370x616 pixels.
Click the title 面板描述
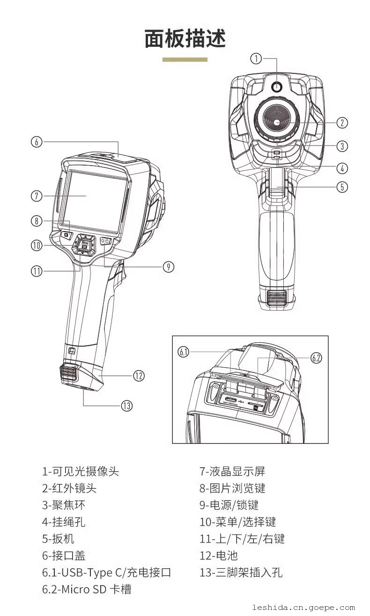(x=185, y=39)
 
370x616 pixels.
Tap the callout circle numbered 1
(x=256, y=58)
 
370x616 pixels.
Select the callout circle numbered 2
(x=342, y=123)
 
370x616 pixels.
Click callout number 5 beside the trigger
(x=342, y=187)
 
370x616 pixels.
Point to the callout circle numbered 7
(x=37, y=196)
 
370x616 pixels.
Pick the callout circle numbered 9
(x=168, y=267)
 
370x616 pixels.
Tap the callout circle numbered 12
(x=139, y=375)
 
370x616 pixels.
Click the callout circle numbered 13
(x=126, y=406)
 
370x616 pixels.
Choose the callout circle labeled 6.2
(x=316, y=358)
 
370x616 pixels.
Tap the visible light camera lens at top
(x=276, y=87)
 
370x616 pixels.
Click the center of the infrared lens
(x=276, y=123)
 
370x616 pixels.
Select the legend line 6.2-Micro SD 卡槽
(x=87, y=589)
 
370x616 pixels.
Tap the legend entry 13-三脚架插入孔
(x=241, y=573)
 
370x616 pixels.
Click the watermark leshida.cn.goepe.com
(x=303, y=608)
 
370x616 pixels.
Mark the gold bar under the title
(x=185, y=60)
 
